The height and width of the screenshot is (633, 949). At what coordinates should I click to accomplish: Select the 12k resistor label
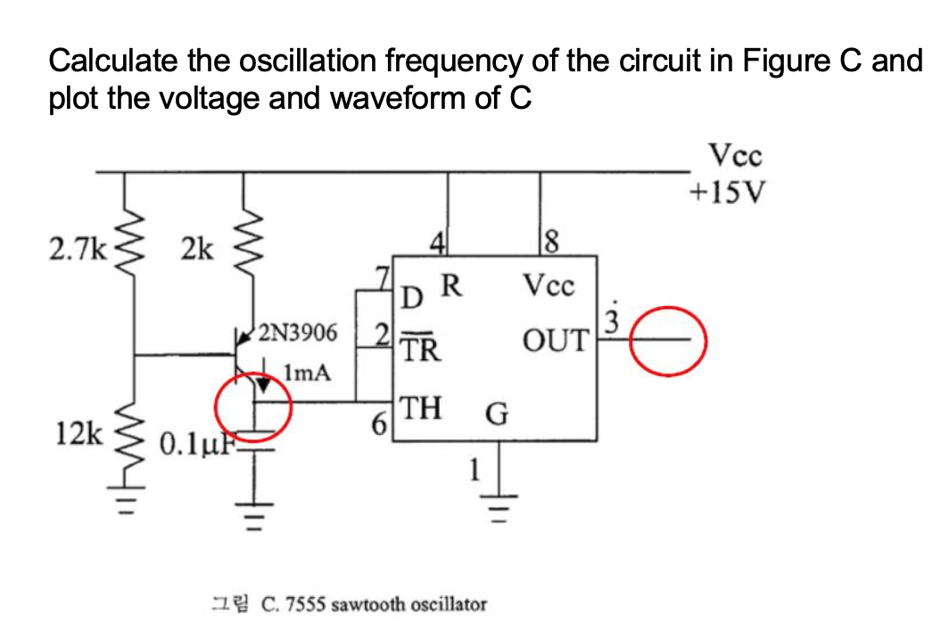click(x=75, y=434)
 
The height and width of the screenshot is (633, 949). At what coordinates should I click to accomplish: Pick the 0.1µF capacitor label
click(x=193, y=443)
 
